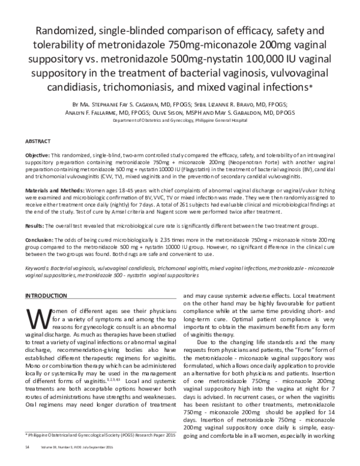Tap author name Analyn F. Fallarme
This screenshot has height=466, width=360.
click(117, 112)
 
